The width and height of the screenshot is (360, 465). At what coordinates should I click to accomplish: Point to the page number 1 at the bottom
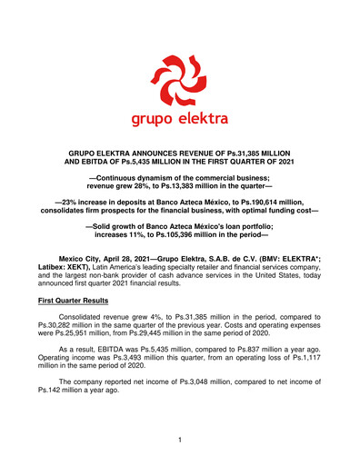click(180, 440)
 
